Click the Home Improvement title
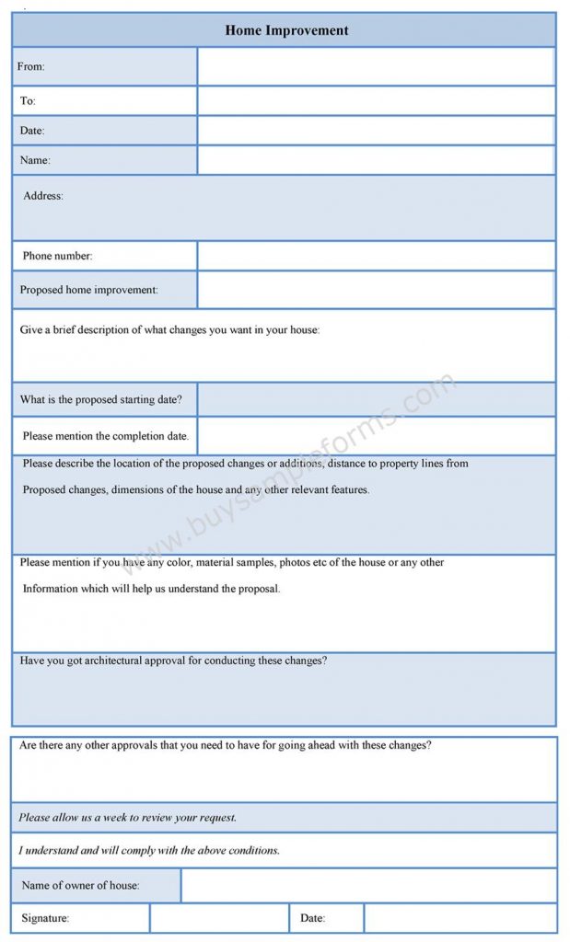click(286, 30)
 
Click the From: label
click(31, 66)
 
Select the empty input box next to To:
click(376, 100)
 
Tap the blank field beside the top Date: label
click(376, 131)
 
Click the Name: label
click(35, 160)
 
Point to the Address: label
click(43, 196)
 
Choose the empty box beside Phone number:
click(376, 256)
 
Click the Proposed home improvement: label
click(89, 290)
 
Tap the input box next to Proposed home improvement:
click(376, 290)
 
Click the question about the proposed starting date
click(101, 399)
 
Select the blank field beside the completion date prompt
click(376, 436)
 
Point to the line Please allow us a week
click(128, 817)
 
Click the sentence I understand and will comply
click(149, 850)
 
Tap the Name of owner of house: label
click(80, 885)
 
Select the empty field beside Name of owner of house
click(368, 885)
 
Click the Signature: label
click(45, 918)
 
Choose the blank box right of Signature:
click(219, 918)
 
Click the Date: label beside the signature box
click(313, 918)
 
